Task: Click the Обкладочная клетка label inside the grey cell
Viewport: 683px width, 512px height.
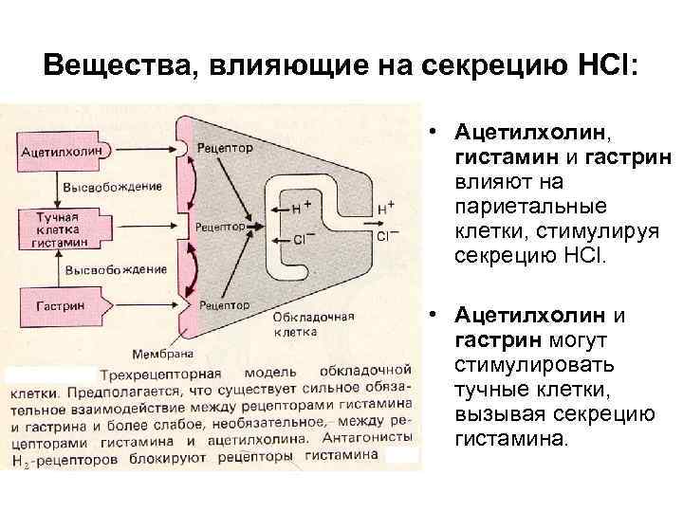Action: pos(301,325)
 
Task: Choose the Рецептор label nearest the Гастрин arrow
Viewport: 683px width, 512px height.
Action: pos(225,306)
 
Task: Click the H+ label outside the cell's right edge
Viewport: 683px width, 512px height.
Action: pos(386,207)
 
